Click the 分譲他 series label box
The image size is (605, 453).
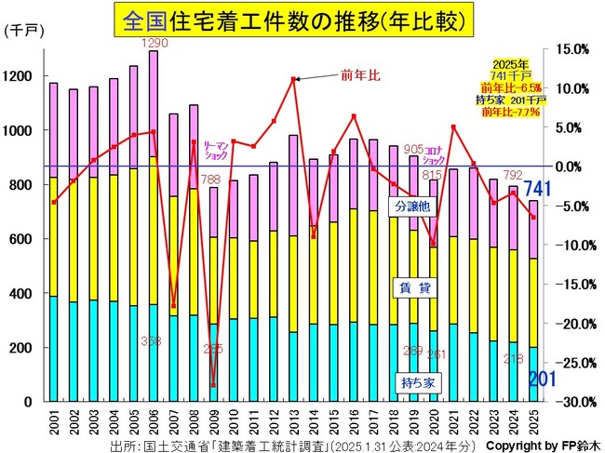(x=410, y=206)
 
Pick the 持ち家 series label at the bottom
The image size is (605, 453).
(x=410, y=381)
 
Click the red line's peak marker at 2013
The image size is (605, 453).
(x=294, y=79)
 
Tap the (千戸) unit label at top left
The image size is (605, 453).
(x=21, y=31)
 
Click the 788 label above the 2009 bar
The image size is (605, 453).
(x=211, y=180)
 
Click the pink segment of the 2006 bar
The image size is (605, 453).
(x=154, y=102)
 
